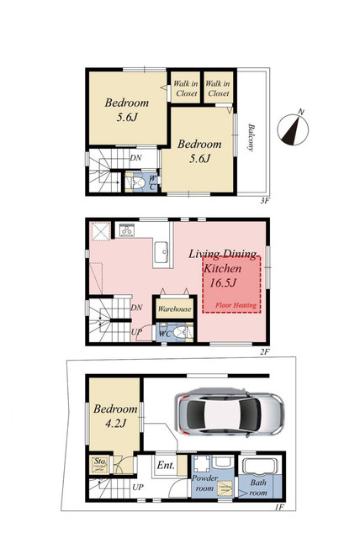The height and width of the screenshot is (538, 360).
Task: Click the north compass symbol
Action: tap(293, 129)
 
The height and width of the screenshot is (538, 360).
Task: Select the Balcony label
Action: tap(251, 138)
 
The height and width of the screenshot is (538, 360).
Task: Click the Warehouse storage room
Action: tap(174, 309)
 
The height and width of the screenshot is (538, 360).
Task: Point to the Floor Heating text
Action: tap(236, 305)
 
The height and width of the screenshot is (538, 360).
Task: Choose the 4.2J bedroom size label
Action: tap(115, 424)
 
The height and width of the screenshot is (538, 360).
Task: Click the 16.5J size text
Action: tap(223, 283)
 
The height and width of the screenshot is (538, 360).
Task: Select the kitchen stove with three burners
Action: tap(127, 230)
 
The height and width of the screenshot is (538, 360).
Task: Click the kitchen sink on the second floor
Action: tap(161, 252)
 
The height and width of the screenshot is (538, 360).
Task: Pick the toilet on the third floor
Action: tap(137, 183)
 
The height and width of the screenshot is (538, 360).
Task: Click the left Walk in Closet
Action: tap(185, 87)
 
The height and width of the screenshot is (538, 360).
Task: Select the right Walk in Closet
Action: tap(218, 87)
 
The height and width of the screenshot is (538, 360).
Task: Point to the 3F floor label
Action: tap(263, 201)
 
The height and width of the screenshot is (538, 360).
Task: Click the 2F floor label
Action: tap(265, 351)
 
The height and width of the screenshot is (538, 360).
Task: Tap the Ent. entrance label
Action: tap(166, 465)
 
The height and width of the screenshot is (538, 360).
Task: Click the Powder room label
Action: tap(204, 483)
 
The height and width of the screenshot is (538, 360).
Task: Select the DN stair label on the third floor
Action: tap(135, 158)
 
